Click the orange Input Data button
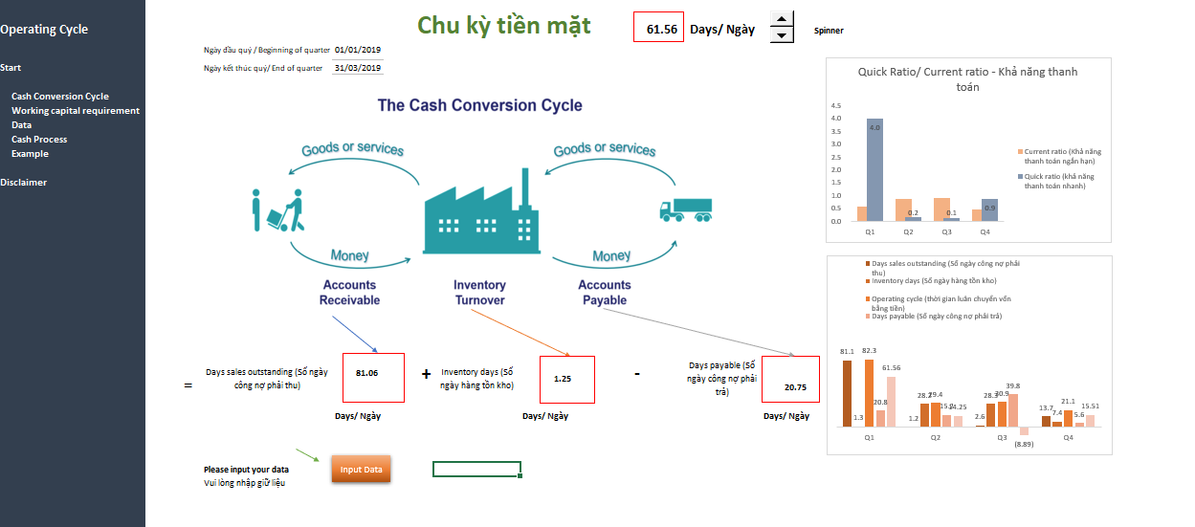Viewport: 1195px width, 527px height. click(x=361, y=470)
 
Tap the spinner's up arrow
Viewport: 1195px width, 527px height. click(x=782, y=19)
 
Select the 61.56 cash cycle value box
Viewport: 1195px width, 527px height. click(x=658, y=28)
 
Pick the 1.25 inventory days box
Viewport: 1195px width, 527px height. click(x=567, y=380)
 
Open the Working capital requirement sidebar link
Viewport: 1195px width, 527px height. click(x=76, y=111)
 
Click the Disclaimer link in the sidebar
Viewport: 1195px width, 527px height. click(x=24, y=183)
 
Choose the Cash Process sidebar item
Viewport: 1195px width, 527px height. click(x=39, y=140)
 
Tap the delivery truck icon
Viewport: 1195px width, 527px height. click(x=685, y=210)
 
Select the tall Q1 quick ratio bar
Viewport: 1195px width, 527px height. click(x=875, y=169)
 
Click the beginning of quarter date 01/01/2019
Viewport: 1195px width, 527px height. click(x=358, y=50)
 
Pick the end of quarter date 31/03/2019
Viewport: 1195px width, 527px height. click(x=358, y=68)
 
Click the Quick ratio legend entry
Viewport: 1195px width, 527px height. click(x=1058, y=181)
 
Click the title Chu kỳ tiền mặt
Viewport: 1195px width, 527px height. click(x=504, y=25)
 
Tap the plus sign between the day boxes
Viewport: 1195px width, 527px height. click(x=426, y=374)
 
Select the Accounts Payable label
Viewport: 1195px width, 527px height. click(x=605, y=292)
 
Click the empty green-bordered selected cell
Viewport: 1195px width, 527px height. click(x=476, y=469)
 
